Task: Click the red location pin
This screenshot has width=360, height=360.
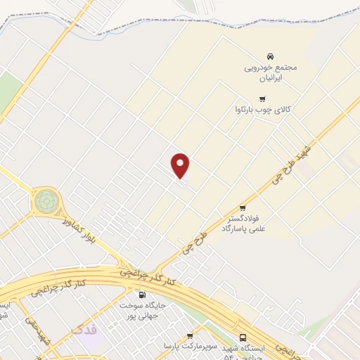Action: point(181,165)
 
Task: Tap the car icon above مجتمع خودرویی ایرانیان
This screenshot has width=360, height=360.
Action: point(270,56)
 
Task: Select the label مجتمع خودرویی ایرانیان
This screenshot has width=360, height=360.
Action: point(271,72)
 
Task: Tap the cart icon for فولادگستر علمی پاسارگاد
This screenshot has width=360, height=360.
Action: point(243,207)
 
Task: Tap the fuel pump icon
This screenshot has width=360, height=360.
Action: point(142,295)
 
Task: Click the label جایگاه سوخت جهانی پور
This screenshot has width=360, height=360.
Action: point(142,311)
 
